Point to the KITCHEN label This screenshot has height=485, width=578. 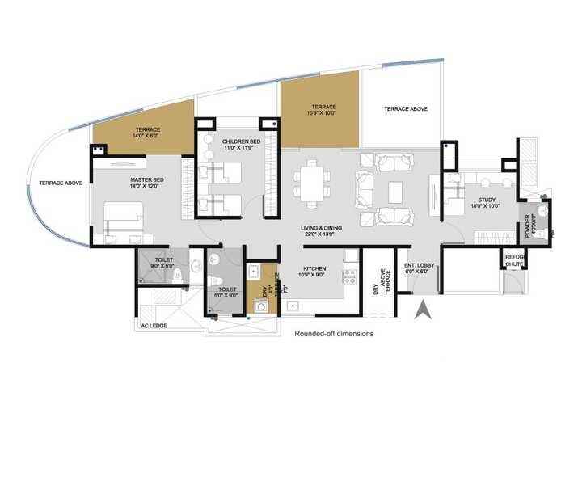314,268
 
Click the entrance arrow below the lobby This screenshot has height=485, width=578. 422,310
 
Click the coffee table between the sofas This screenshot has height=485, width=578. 395,192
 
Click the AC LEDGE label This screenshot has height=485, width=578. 155,327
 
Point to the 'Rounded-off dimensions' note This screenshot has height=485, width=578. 334,333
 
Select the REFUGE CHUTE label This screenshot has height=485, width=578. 514,260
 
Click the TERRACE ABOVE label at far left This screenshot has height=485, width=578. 57,183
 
